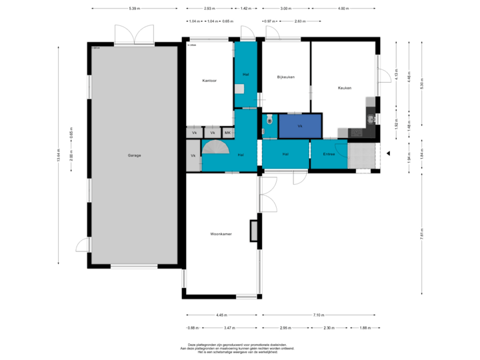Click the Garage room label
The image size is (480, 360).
click(135, 155)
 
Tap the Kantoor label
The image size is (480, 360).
click(210, 81)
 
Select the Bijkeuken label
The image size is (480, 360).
click(286, 77)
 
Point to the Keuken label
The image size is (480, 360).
click(345, 88)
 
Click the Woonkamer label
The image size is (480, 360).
click(221, 234)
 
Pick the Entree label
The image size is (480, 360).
click(329, 155)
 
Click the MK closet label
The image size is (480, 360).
click(227, 133)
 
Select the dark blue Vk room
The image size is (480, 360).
click(300, 126)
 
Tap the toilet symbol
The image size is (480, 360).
click(269, 120)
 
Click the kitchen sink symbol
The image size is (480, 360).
click(370, 119)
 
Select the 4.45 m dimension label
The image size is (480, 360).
click(221, 315)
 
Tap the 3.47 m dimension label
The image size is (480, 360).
click(229, 327)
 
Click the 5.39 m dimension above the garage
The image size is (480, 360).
click(134, 9)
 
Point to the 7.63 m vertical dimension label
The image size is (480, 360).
click(421, 234)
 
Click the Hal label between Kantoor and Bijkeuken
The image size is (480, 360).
click(245, 74)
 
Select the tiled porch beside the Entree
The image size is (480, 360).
click(363, 155)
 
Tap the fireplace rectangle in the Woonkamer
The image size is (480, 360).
click(253, 230)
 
